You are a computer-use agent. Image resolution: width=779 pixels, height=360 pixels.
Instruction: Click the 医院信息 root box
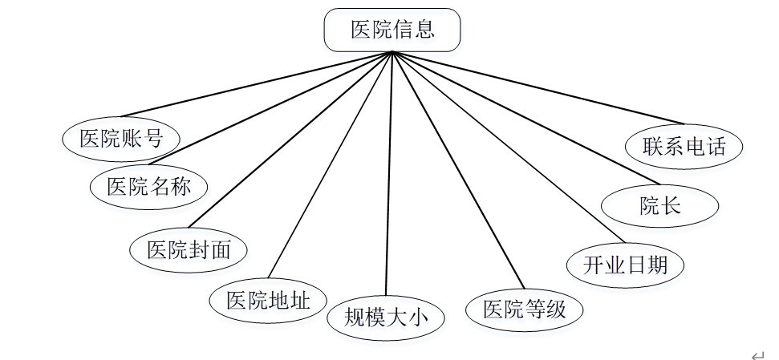pyautogui.click(x=392, y=30)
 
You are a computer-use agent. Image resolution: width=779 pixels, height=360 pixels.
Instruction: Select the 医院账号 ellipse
pyautogui.click(x=121, y=138)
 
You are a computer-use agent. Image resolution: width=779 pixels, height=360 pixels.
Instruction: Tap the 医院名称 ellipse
pyautogui.click(x=149, y=187)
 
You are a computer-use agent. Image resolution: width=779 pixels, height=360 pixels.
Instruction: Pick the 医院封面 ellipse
pyautogui.click(x=189, y=249)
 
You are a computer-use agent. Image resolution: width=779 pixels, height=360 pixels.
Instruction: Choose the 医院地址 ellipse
pyautogui.click(x=268, y=300)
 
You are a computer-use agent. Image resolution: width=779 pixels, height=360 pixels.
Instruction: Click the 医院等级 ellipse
pyautogui.click(x=525, y=309)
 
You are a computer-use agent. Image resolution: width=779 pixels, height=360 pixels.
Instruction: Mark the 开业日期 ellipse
pyautogui.click(x=625, y=264)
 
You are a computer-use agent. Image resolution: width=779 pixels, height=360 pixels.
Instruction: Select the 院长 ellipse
pyautogui.click(x=659, y=205)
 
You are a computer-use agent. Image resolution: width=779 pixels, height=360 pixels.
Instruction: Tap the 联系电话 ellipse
pyautogui.click(x=684, y=147)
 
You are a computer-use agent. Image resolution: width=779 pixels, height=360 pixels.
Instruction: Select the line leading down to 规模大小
pyautogui.click(x=389, y=176)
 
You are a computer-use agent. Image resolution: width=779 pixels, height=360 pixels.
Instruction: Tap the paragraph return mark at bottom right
pyautogui.click(x=757, y=354)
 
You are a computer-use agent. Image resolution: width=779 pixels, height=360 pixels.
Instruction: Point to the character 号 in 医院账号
pyautogui.click(x=153, y=138)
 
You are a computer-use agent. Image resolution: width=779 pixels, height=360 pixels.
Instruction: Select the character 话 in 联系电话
pyautogui.click(x=716, y=147)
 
